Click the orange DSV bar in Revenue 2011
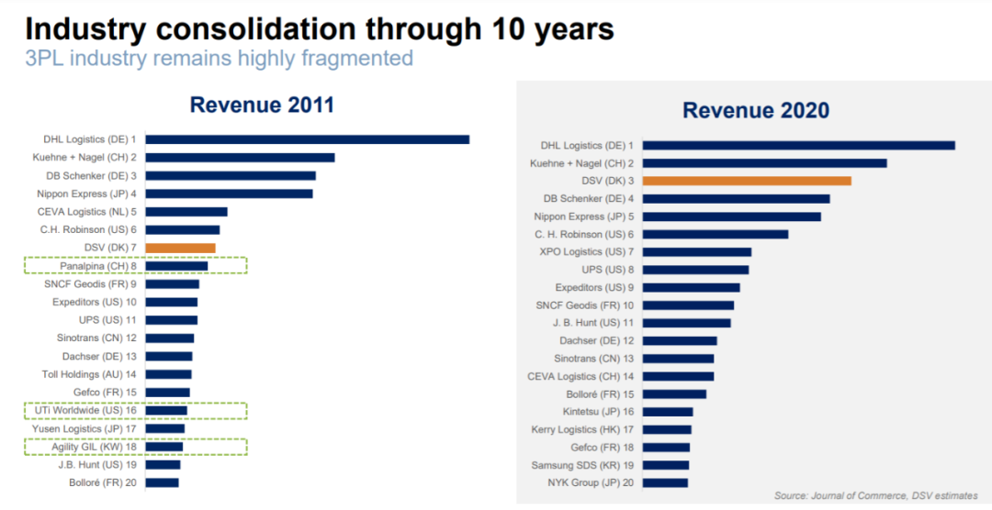coord(180,248)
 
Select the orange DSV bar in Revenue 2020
coord(746,181)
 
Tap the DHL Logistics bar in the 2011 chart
coord(307,139)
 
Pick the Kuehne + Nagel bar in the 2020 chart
coord(764,163)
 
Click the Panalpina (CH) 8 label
coord(98,266)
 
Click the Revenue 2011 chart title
coord(262,105)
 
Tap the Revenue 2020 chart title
coord(755,111)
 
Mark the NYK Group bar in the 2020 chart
coord(664,482)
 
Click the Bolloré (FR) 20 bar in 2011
coord(162,482)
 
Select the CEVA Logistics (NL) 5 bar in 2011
coord(186,212)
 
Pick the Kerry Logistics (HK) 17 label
coord(583,429)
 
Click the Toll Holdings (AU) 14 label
coord(89,374)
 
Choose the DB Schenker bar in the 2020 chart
coord(736,198)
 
